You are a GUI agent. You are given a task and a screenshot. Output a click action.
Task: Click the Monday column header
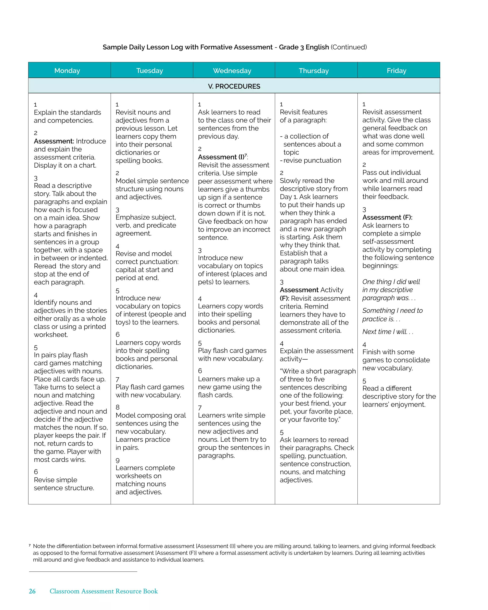pos(67,70)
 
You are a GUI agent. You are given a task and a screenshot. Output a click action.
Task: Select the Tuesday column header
pos(150,70)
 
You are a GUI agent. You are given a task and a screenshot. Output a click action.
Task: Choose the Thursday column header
pos(314,70)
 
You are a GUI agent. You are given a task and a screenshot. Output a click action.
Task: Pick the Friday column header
pos(396,70)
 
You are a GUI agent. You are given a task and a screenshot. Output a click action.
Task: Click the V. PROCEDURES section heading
pos(234,86)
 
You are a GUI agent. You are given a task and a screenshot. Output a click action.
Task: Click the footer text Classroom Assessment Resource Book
pos(104,591)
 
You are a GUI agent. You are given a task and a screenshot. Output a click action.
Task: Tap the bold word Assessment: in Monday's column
pos(54,141)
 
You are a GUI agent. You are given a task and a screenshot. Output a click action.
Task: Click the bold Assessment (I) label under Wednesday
pos(221,157)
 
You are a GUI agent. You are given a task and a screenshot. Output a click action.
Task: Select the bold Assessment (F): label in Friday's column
pos(387,217)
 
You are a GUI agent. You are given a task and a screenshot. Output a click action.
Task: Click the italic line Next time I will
pos(387,332)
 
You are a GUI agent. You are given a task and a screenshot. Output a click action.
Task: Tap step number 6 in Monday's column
pos(36,472)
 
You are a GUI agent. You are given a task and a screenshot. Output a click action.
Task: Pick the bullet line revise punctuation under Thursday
pos(311,160)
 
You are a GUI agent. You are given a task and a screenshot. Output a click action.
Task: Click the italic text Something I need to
pos(392,311)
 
